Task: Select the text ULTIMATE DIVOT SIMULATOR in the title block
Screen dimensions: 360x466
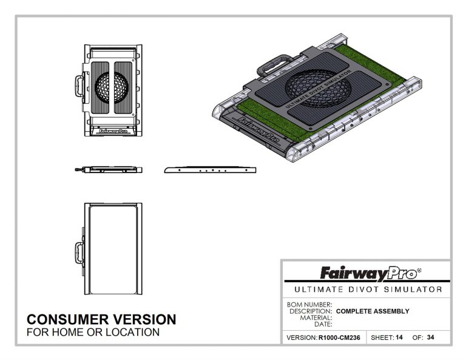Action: pyautogui.click(x=366, y=290)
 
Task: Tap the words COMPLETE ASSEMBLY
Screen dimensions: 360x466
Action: pyautogui.click(x=373, y=311)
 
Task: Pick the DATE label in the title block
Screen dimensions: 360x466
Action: pyautogui.click(x=322, y=324)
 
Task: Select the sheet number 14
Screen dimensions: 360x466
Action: pyautogui.click(x=399, y=338)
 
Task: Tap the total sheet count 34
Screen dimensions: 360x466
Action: pyautogui.click(x=430, y=338)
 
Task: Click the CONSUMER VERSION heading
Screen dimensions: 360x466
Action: pyautogui.click(x=101, y=319)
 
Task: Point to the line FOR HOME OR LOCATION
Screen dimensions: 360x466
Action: pyautogui.click(x=93, y=333)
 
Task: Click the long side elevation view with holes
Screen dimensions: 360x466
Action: pyautogui.click(x=210, y=170)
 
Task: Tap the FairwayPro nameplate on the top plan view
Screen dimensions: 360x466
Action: pyautogui.click(x=111, y=129)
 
